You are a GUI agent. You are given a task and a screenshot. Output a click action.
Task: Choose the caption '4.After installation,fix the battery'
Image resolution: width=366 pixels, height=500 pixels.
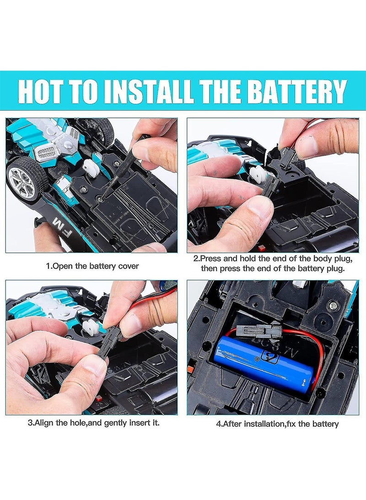coord(277,423)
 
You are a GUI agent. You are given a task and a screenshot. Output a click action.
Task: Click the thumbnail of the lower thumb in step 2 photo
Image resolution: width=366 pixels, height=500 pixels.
coord(256,211)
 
